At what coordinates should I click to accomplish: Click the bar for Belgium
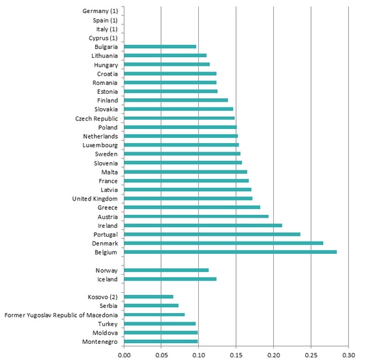coord(230,252)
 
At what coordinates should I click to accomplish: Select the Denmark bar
coord(224,243)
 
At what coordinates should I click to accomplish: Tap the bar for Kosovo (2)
coord(149,297)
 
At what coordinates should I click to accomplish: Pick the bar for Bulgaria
coord(160,46)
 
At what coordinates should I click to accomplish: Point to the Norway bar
coord(166,270)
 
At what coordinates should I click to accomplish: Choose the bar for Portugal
coord(212,234)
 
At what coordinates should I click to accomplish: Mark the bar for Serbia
coord(151,305)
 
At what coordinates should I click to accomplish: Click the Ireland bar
coord(203,225)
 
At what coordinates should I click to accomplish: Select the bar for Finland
coord(176,100)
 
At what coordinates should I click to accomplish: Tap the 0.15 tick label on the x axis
coord(236,355)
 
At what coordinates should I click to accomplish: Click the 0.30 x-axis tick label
coord(349,355)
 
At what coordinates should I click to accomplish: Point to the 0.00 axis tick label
coord(125,355)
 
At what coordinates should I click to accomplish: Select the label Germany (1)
coord(100,11)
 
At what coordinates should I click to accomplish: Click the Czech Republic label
coord(96,118)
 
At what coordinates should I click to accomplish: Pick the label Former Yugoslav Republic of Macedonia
coord(61,315)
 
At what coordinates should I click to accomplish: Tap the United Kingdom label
coord(95,199)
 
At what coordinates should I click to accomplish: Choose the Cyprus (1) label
coord(103,38)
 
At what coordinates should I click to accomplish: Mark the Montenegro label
coord(100,342)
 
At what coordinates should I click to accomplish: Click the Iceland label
coord(108,279)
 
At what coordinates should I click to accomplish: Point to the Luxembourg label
coord(100,145)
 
